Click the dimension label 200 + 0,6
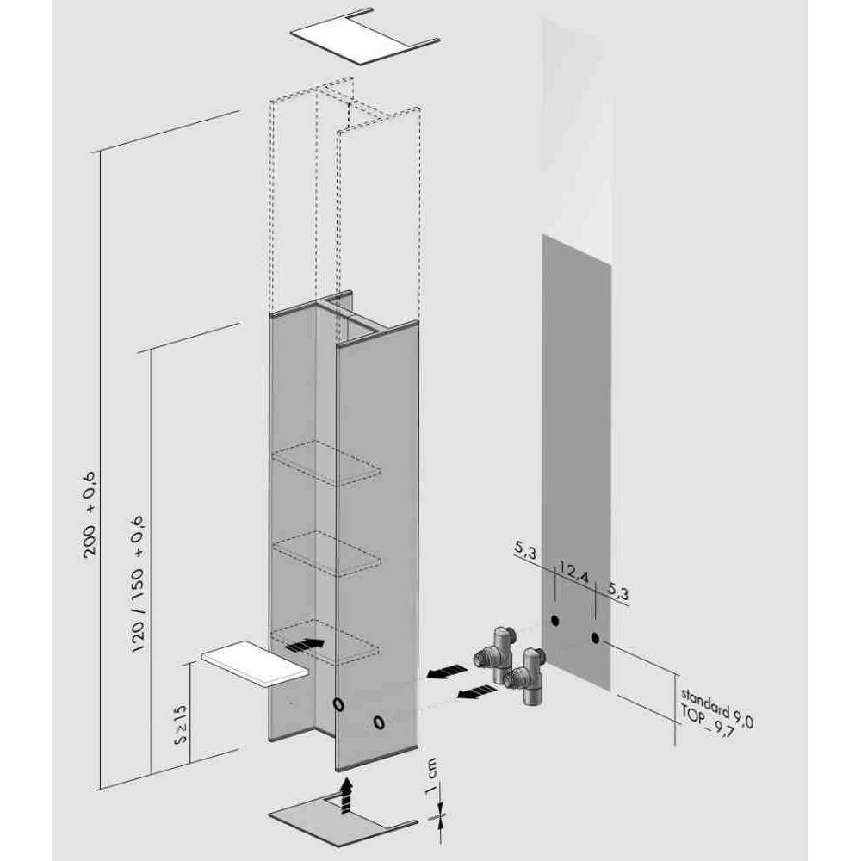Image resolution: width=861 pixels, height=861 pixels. pyautogui.click(x=90, y=515)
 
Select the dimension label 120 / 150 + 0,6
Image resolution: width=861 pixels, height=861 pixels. pyautogui.click(x=137, y=584)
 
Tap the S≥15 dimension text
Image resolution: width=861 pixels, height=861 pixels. pyautogui.click(x=180, y=724)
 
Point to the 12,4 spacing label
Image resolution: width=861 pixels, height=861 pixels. pyautogui.click(x=574, y=573)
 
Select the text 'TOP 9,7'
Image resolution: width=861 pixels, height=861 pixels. pyautogui.click(x=708, y=721)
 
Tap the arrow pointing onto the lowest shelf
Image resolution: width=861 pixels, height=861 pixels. pyautogui.click(x=304, y=645)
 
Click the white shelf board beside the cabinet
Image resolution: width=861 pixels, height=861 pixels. pyautogui.click(x=255, y=663)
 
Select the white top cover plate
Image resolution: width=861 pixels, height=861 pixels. pyautogui.click(x=364, y=34)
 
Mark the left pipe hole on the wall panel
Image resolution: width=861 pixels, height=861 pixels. pyautogui.click(x=554, y=621)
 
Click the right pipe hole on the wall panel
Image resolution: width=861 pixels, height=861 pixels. pyautogui.click(x=596, y=638)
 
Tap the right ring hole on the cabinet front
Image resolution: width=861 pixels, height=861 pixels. pyautogui.click(x=378, y=722)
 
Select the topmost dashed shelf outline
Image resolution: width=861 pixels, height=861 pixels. pyautogui.click(x=326, y=463)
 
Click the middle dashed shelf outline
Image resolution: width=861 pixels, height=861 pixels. pyautogui.click(x=326, y=554)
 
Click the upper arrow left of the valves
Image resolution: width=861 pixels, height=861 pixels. pyautogui.click(x=448, y=671)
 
